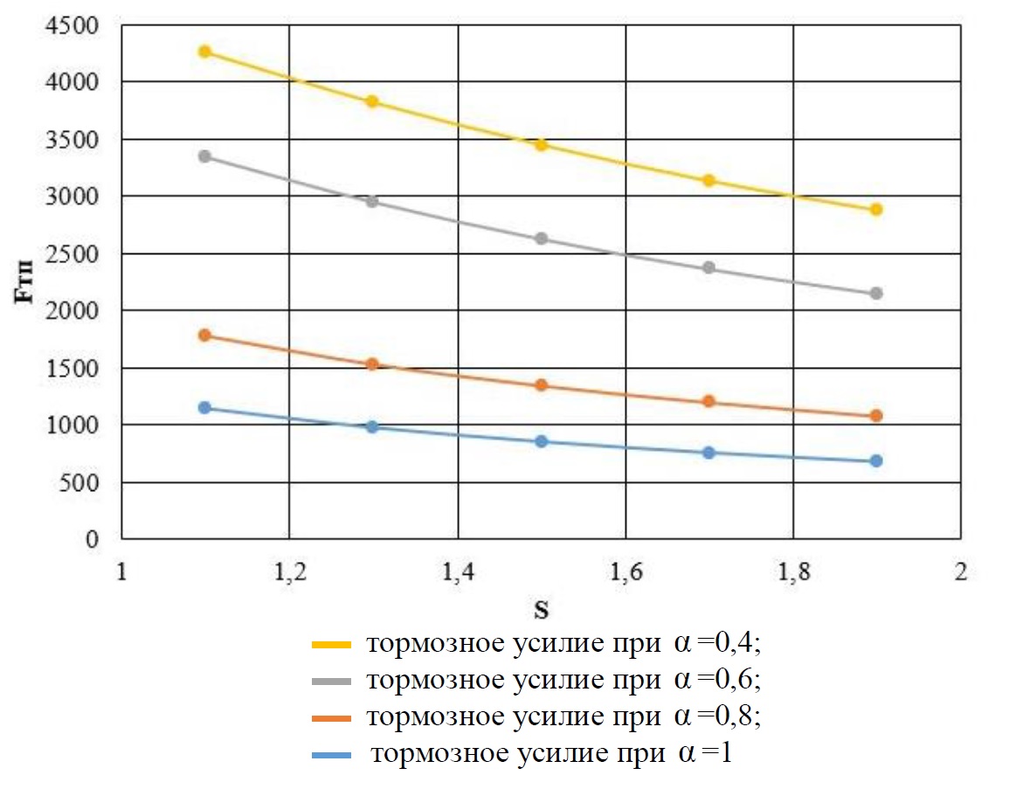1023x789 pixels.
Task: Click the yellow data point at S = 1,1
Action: click(x=204, y=52)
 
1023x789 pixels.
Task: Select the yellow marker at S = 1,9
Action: click(x=876, y=210)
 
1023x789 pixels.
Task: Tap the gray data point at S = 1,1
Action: click(x=204, y=156)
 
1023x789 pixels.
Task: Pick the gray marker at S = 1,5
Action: click(x=541, y=239)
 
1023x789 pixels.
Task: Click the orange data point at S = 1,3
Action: click(x=372, y=364)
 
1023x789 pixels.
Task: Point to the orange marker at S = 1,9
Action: click(x=876, y=416)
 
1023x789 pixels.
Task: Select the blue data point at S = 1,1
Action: click(x=204, y=407)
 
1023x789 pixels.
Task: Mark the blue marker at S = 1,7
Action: click(x=708, y=453)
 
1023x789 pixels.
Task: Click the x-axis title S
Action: click(x=542, y=607)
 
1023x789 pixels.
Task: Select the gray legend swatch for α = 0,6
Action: click(x=331, y=682)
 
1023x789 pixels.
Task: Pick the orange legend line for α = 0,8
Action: click(x=331, y=718)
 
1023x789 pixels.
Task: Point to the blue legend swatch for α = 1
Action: click(x=331, y=755)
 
